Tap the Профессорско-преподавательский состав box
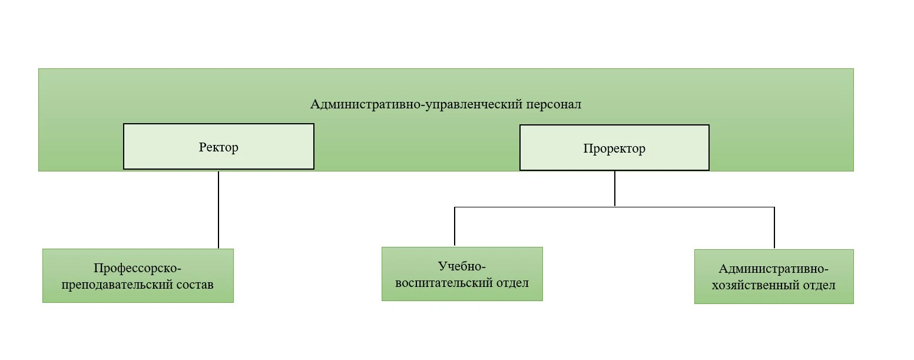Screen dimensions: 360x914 [x=138, y=275]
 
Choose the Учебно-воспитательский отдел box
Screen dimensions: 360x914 [x=462, y=273]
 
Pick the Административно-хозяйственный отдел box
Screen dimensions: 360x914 [x=773, y=276]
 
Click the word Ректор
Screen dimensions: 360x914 [x=218, y=147]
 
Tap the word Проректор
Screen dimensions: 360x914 [x=614, y=148]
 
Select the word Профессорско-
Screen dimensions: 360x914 [x=138, y=267]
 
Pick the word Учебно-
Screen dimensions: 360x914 [x=462, y=266]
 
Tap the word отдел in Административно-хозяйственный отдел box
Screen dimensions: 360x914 [x=819, y=285]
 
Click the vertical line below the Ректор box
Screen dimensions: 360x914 [x=218, y=209]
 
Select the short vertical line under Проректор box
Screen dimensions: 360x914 [x=615, y=189]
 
